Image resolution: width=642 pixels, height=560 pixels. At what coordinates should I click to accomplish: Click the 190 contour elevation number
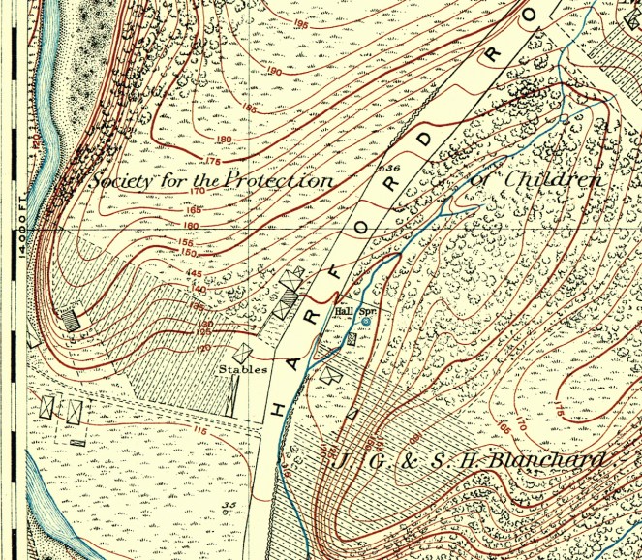tap(274, 73)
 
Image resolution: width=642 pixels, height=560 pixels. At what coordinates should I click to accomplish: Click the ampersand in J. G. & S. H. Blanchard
tap(400, 461)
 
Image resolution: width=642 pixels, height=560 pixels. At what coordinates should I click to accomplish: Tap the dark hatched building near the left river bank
tap(69, 317)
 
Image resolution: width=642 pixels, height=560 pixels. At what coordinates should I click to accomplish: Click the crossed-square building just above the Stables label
tap(245, 354)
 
